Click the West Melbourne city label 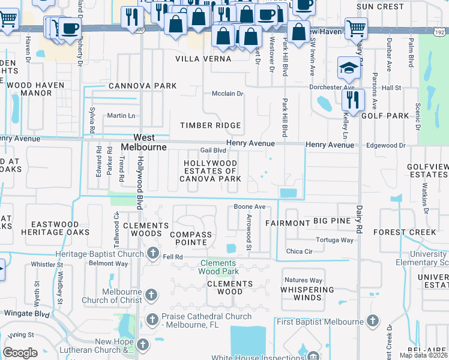coord(143,142)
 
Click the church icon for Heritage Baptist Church coord(153,254)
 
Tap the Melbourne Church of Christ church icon coord(151,295)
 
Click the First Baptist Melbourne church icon coord(373,322)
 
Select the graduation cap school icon coord(348,68)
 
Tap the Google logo coord(20,353)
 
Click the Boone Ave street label coord(249,207)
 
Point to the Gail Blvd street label coord(212,151)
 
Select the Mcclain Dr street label coord(228,94)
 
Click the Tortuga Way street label coord(335,240)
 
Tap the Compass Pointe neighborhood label coord(191,239)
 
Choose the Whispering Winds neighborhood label coord(307,294)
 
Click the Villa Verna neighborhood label coord(203,59)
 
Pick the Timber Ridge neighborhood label coord(211,125)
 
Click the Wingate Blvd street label coord(26,313)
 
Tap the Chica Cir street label coord(300,251)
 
